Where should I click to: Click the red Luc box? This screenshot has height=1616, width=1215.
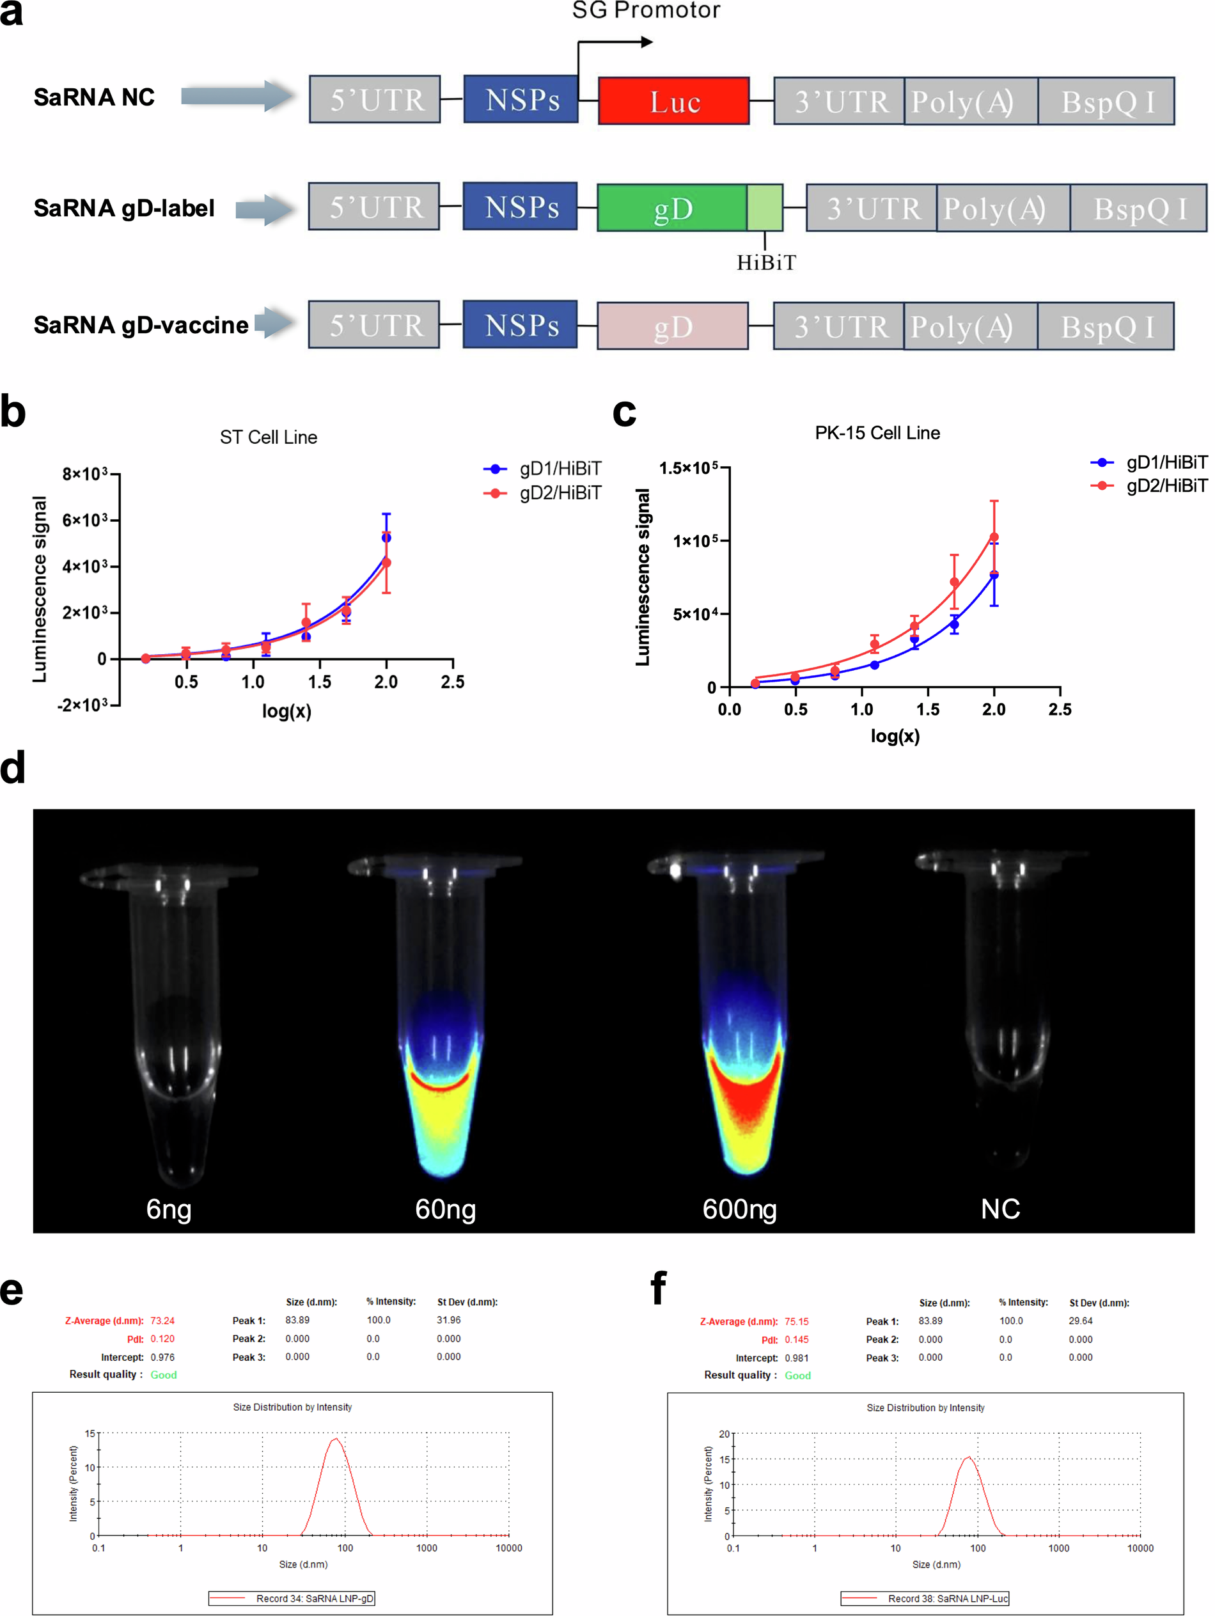pyautogui.click(x=673, y=101)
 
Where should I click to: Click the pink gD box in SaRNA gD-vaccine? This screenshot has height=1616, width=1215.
pyautogui.click(x=671, y=326)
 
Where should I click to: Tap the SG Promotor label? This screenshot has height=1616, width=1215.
pyautogui.click(x=645, y=10)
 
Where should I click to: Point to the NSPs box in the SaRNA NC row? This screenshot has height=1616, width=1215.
pyautogui.click(x=521, y=99)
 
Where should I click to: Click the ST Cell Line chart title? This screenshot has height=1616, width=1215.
pyautogui.click(x=268, y=437)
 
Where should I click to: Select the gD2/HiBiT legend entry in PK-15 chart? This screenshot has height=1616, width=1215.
pyautogui.click(x=1166, y=486)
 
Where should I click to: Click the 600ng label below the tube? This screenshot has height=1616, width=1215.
pyautogui.click(x=739, y=1209)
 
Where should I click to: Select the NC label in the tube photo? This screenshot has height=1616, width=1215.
pyautogui.click(x=999, y=1209)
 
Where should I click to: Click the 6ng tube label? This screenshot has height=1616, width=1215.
pyautogui.click(x=169, y=1209)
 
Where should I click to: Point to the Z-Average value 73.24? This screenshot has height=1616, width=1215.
pyautogui.click(x=162, y=1321)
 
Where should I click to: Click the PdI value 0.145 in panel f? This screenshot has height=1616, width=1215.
pyautogui.click(x=796, y=1340)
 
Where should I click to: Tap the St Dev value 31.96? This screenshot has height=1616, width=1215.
pyautogui.click(x=449, y=1320)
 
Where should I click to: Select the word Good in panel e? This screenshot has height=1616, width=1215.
pyautogui.click(x=164, y=1375)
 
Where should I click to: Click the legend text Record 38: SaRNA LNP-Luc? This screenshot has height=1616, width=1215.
pyautogui.click(x=947, y=1599)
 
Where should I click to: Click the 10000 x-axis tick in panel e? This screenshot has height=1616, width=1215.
pyautogui.click(x=508, y=1548)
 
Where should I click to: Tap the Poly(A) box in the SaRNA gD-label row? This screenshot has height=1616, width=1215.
pyautogui.click(x=994, y=209)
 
